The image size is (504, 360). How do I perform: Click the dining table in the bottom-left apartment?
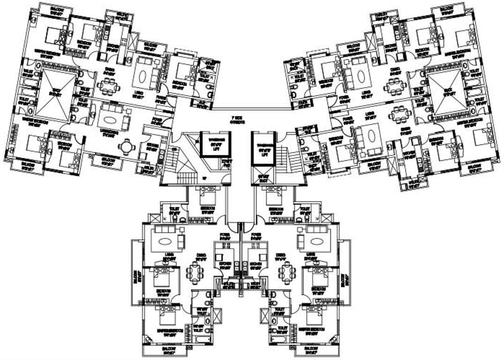(195, 272)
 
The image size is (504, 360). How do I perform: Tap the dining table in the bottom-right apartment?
(286, 272)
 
